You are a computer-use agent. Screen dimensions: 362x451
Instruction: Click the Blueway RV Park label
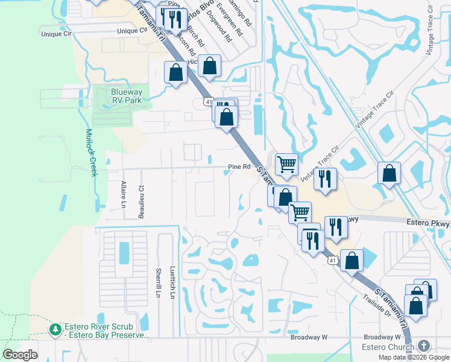pos(126,96)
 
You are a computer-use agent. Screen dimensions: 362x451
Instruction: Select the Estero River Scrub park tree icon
pos(55,329)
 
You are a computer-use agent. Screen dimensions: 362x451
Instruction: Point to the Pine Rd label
pos(239,167)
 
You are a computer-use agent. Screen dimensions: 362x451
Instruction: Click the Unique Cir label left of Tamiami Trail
pos(56,34)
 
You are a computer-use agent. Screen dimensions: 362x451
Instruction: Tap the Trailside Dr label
pos(377,306)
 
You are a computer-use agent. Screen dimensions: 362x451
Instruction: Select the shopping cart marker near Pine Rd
pos(286,164)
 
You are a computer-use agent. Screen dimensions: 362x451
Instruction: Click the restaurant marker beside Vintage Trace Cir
pos(325,178)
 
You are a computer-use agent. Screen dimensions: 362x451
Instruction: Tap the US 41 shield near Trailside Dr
pos(332,261)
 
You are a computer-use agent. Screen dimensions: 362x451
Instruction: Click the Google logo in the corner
pos(20,354)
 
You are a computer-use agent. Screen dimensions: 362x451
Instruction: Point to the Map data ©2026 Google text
pos(414,357)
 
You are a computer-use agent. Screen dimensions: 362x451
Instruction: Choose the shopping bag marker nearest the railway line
pos(389,173)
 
